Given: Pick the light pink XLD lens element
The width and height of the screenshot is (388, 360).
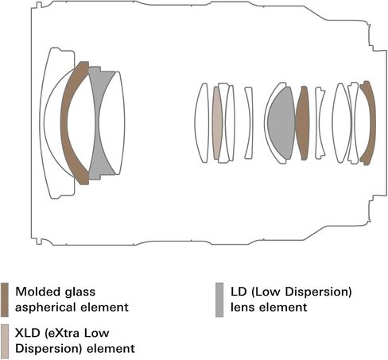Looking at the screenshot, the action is coord(217,123).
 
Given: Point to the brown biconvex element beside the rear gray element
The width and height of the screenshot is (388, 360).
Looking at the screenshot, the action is coord(302,123).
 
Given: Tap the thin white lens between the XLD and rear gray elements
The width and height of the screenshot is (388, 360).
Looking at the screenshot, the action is coord(249,123).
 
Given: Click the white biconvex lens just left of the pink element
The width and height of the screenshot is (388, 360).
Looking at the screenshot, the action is coord(202,122).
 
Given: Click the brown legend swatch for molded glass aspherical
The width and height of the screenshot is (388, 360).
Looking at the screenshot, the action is coord(5,300).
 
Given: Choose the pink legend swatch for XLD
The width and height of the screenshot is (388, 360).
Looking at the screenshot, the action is coord(5,341).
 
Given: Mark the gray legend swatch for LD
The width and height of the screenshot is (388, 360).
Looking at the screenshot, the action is coord(219,300).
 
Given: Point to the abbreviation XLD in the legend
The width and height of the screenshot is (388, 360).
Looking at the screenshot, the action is coord(27,333).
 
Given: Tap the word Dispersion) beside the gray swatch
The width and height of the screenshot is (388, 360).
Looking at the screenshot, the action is coord(319,292).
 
